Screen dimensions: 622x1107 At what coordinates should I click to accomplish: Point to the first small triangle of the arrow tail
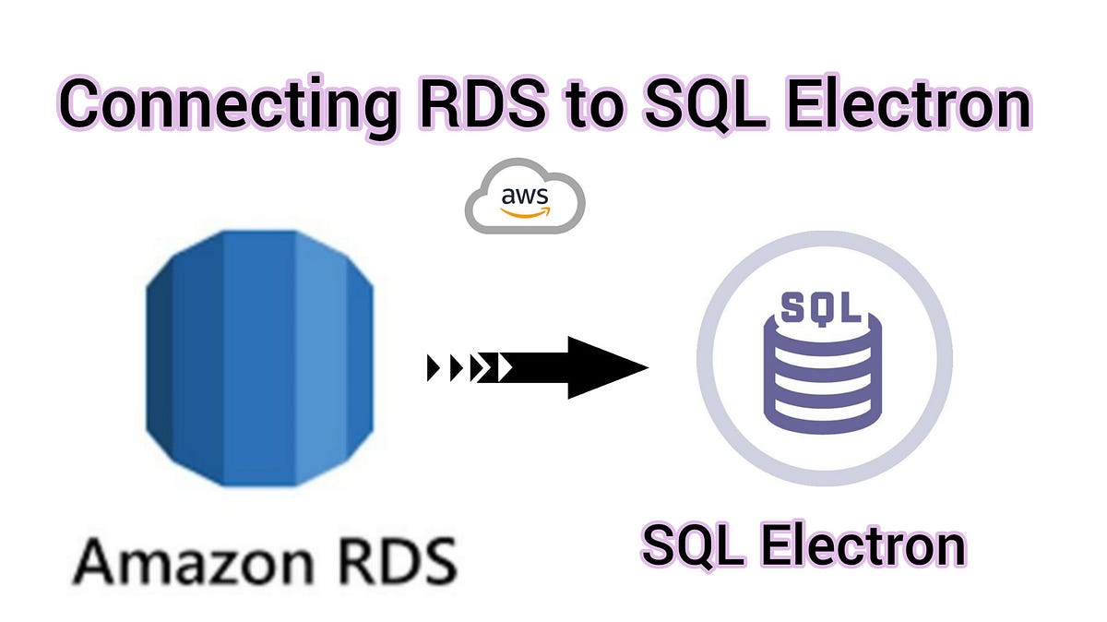pos(434,367)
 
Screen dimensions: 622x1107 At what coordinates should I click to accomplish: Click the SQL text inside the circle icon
pos(820,306)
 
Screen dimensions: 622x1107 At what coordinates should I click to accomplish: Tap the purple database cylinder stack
pos(820,369)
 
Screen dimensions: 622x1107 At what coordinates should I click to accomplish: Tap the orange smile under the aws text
pos(525,212)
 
